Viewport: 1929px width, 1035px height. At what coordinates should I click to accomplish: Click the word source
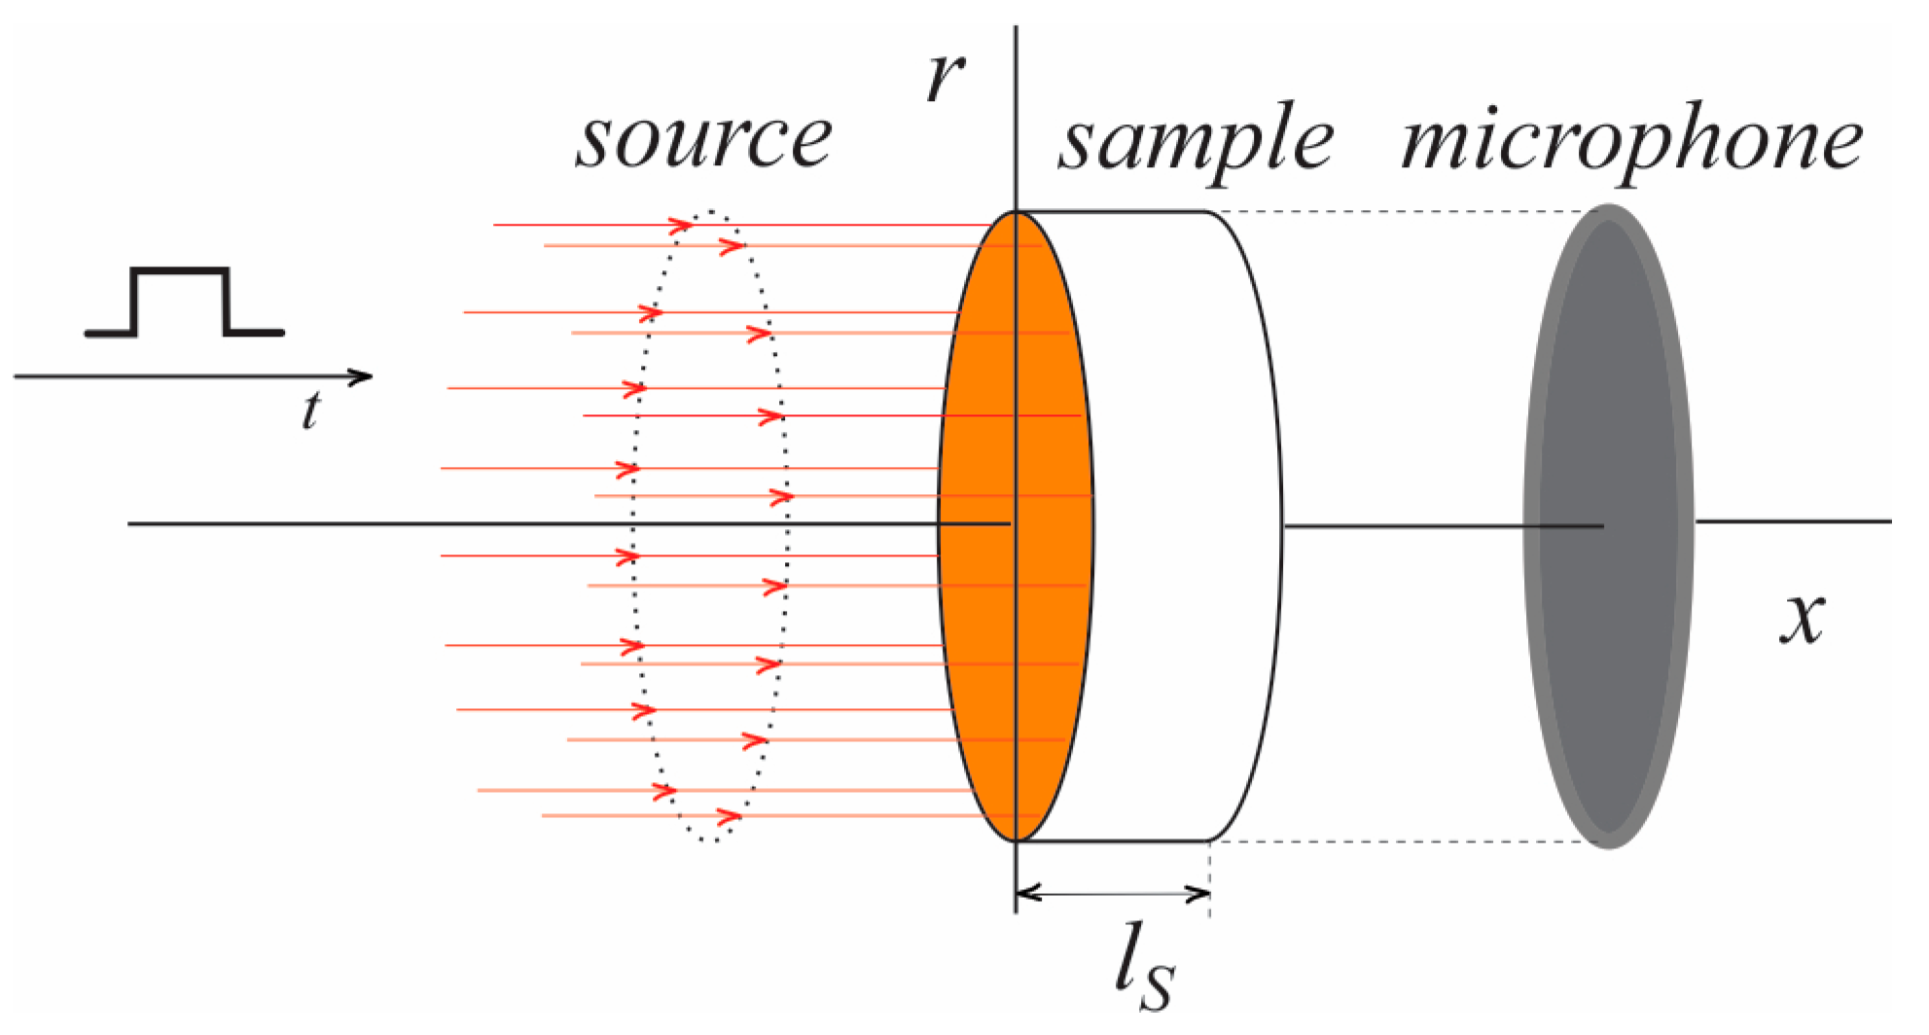click(704, 139)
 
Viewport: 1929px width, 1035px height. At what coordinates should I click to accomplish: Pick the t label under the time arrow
click(310, 411)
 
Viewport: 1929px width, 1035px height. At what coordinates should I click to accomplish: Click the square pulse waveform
click(183, 302)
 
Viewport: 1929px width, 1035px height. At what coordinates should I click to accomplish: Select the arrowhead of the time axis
click(361, 376)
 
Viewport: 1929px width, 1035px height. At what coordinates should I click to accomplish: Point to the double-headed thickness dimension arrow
click(1113, 893)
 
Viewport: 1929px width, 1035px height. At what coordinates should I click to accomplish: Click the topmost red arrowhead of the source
click(680, 226)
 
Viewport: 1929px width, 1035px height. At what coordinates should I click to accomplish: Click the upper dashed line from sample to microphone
click(1401, 211)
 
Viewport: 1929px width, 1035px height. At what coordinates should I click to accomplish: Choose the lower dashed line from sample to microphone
click(1401, 841)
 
